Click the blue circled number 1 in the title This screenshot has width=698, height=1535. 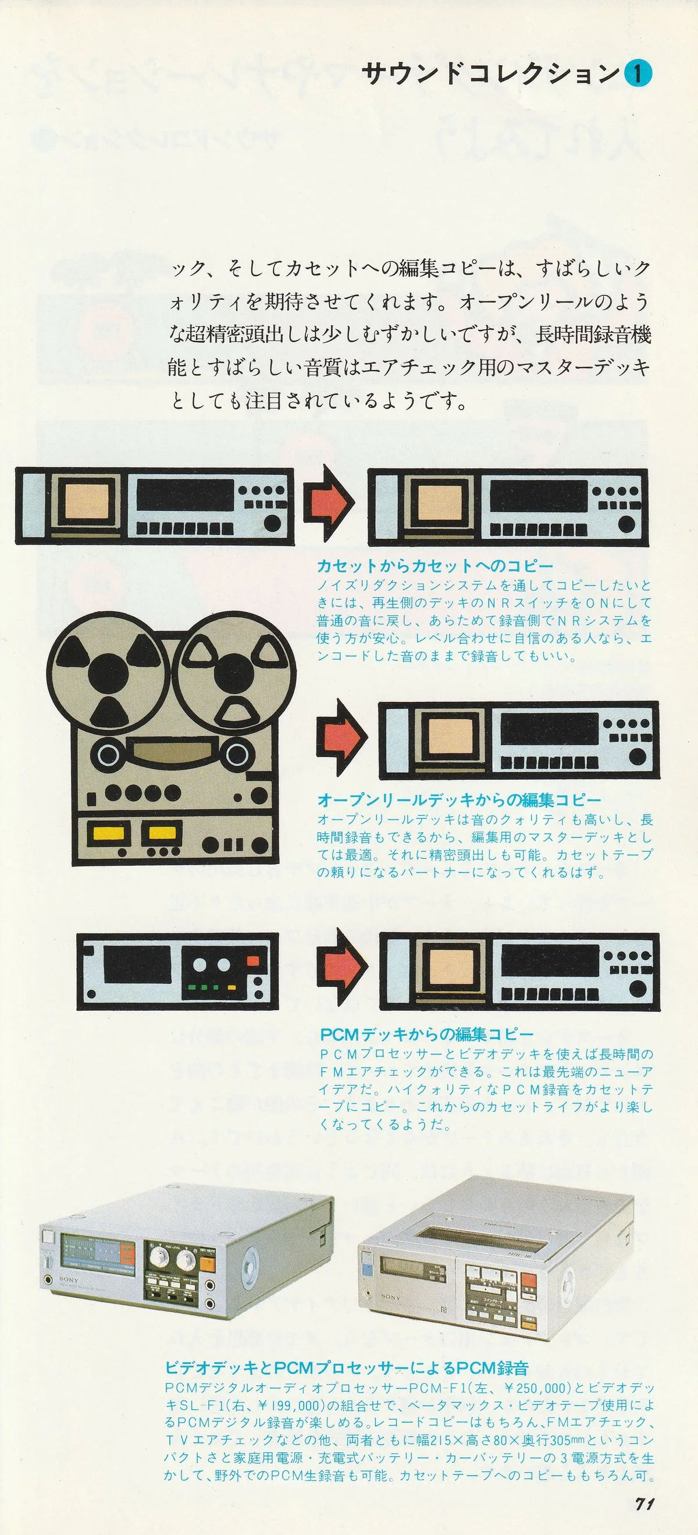(x=638, y=74)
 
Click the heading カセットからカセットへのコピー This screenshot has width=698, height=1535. (x=435, y=566)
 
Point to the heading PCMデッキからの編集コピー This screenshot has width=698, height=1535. (x=427, y=1033)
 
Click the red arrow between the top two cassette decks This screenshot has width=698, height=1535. (x=330, y=503)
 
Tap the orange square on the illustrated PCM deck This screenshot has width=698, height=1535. (x=253, y=960)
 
